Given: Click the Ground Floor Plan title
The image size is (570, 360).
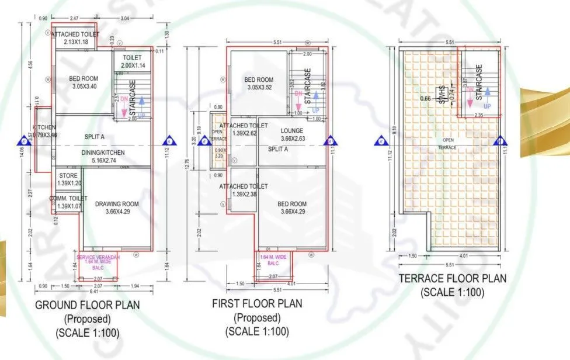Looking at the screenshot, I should (x=88, y=305).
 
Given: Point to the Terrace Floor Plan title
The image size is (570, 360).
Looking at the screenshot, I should (x=453, y=279).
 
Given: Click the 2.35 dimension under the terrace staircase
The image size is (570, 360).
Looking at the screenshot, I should (x=479, y=115).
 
